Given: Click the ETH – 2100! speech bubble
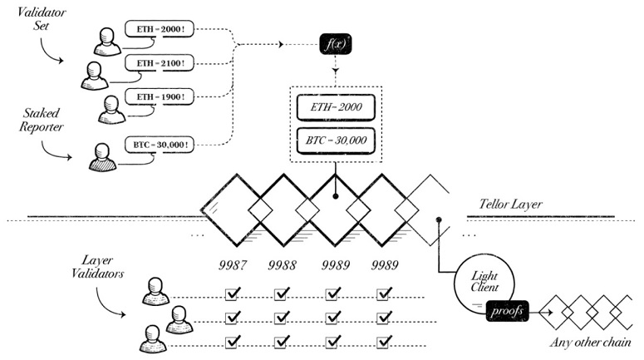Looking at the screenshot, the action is (x=160, y=63).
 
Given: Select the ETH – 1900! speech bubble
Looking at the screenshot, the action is (x=160, y=97).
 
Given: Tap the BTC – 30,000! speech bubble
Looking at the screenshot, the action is (x=160, y=145).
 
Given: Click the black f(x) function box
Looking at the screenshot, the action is (x=336, y=44).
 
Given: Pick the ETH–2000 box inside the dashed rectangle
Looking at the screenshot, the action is (x=336, y=107).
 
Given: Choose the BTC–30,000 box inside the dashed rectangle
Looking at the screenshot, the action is (x=336, y=141).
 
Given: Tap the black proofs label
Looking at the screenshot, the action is (x=507, y=311).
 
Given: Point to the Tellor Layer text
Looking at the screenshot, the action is (x=510, y=205).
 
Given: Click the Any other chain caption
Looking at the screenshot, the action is (x=590, y=343).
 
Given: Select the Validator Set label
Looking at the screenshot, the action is (x=41, y=19).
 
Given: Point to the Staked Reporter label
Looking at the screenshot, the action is (x=41, y=120).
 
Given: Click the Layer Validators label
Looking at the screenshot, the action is (x=97, y=267).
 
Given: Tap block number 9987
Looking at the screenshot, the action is (x=233, y=265).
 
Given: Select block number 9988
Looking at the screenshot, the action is (x=283, y=265).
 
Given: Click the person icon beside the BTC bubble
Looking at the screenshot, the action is (x=102, y=157).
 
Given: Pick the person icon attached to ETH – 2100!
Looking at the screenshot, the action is (x=95, y=76).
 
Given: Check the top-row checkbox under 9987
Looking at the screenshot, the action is (x=233, y=293).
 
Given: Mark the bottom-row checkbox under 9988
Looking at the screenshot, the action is (x=282, y=342).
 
